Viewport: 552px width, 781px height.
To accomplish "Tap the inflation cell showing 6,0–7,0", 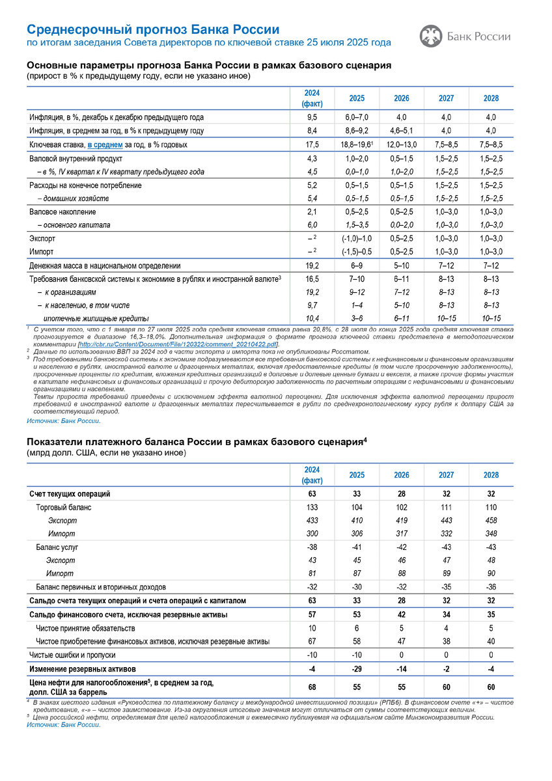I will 357,117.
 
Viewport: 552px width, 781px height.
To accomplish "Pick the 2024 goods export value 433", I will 312,521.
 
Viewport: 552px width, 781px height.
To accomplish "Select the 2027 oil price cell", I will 446,687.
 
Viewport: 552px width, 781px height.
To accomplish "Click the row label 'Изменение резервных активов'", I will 83,668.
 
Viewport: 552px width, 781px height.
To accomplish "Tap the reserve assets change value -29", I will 357,668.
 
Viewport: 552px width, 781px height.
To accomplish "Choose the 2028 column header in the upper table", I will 491,98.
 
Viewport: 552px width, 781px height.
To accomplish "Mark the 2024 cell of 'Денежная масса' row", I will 312,266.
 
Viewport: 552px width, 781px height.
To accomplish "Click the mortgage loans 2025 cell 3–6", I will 357,318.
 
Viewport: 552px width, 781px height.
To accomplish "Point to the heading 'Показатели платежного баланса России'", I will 194,443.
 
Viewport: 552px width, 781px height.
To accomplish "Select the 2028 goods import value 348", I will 491,534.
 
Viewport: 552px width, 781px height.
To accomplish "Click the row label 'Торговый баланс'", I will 63,508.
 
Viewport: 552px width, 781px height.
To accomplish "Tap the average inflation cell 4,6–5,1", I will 402,131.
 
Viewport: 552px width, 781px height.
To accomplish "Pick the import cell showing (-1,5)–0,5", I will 357,252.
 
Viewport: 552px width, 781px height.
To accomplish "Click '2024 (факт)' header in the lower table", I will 312,475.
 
